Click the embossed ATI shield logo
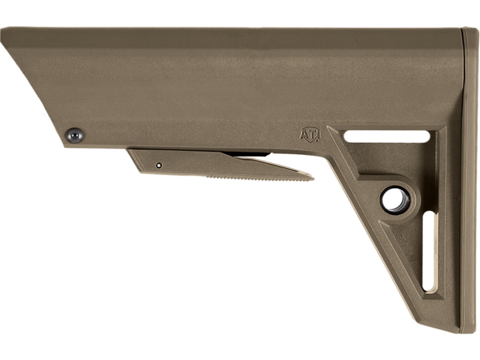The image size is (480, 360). (x=310, y=134)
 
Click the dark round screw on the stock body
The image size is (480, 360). (x=74, y=136)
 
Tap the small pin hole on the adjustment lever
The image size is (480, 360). (x=158, y=166)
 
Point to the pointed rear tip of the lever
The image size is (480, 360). (x=313, y=178)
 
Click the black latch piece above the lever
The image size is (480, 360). (x=246, y=154)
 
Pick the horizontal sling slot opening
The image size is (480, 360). (x=386, y=137)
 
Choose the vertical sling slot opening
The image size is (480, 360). (x=428, y=251)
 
